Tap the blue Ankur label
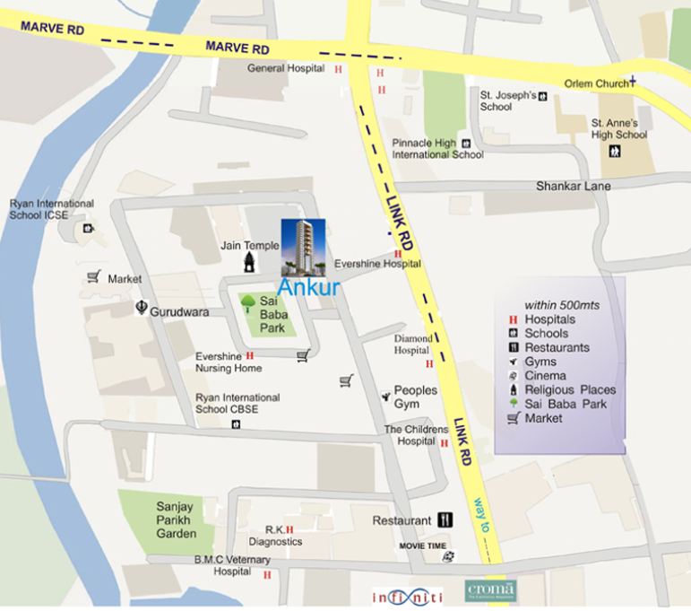click(x=307, y=288)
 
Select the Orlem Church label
click(x=595, y=83)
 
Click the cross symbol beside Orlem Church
click(x=633, y=81)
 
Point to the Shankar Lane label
click(x=573, y=186)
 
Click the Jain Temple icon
click(x=249, y=260)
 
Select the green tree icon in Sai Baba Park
click(x=248, y=303)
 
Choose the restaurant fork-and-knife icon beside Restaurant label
click(x=445, y=520)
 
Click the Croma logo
click(x=490, y=591)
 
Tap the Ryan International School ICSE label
click(x=51, y=209)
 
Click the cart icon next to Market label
click(x=93, y=278)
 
